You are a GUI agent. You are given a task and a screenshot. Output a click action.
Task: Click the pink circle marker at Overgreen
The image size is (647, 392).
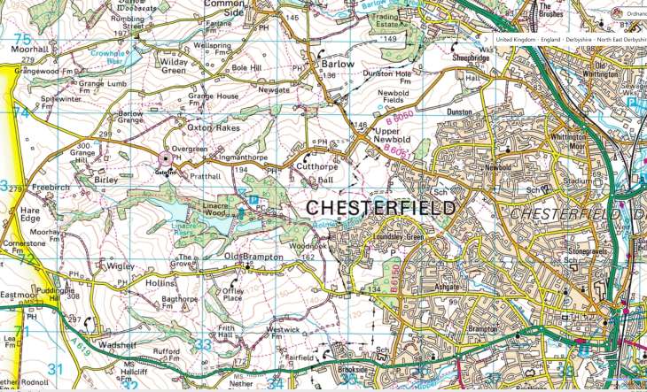(165, 160)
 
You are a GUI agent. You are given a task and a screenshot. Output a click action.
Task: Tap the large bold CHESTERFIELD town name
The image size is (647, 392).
(382, 208)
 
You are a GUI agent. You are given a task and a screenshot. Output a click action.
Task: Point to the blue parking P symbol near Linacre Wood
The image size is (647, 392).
(253, 201)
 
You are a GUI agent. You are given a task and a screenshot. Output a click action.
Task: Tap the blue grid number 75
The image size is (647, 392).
(21, 40)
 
